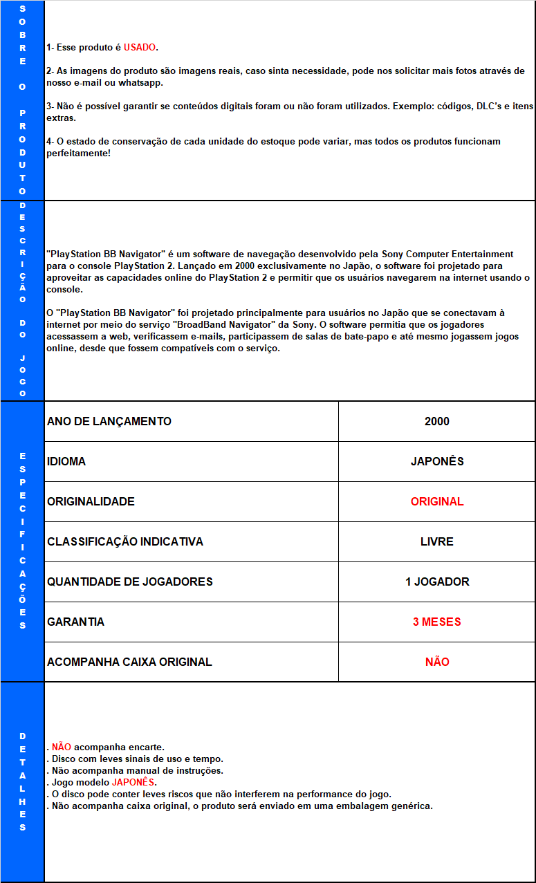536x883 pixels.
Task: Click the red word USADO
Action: [x=140, y=48]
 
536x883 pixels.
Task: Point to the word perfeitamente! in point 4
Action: [x=78, y=153]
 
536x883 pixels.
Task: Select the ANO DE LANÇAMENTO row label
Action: [x=109, y=421]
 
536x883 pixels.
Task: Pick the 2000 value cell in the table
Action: [x=436, y=421]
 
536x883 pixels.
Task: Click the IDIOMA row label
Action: [x=66, y=461]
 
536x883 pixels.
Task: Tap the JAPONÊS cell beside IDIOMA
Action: [x=436, y=461]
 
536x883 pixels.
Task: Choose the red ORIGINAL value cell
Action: [x=436, y=501]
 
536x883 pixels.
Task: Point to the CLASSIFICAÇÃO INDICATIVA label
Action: [x=125, y=541]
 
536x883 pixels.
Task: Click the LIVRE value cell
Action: [x=436, y=541]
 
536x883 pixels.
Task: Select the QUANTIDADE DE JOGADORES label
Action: [x=130, y=582]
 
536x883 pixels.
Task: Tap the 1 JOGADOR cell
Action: [x=436, y=582]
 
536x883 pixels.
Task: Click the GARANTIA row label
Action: [x=76, y=622]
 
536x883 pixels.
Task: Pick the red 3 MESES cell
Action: [x=436, y=622]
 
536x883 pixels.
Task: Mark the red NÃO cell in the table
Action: [x=436, y=662]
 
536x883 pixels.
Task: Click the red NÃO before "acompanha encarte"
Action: [x=62, y=747]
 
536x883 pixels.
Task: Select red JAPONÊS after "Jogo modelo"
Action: [x=133, y=782]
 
